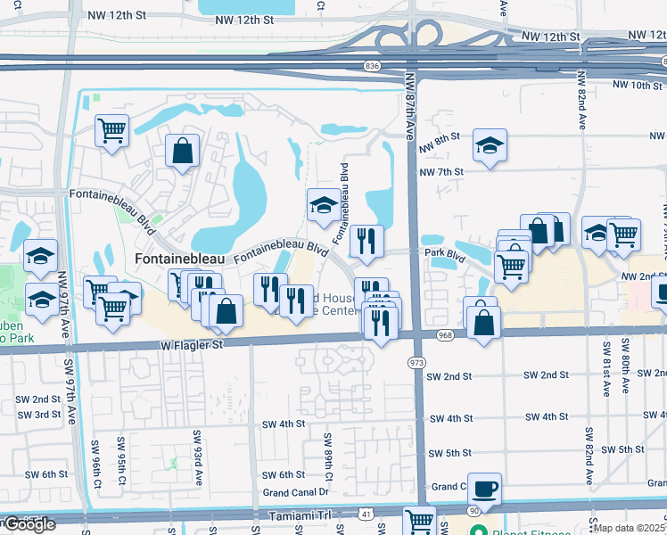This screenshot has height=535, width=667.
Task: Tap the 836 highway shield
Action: click(373, 66)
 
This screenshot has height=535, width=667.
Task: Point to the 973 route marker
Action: click(416, 363)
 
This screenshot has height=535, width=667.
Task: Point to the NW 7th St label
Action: click(441, 171)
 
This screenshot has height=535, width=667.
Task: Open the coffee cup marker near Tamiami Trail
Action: click(484, 489)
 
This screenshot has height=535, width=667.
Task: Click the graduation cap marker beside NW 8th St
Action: click(489, 145)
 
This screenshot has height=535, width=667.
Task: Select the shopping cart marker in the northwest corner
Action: click(111, 131)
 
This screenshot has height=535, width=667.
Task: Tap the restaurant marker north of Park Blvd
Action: click(366, 240)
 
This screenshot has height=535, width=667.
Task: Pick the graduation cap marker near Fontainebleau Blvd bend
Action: click(323, 206)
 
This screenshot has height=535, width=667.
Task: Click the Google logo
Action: click(29, 524)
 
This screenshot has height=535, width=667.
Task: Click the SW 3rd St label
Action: click(36, 415)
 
